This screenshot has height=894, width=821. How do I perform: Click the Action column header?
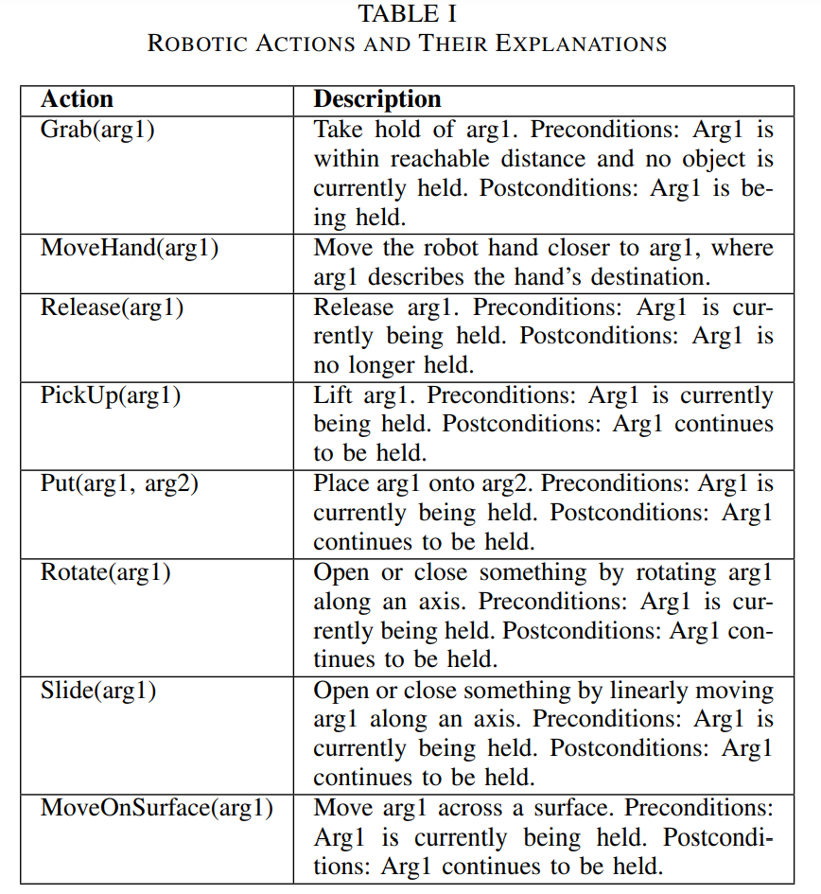pyautogui.click(x=77, y=99)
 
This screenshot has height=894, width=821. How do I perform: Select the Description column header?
pyautogui.click(x=377, y=99)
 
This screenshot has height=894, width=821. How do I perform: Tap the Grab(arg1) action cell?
pyautogui.click(x=97, y=130)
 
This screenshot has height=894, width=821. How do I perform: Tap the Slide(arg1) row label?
pyautogui.click(x=98, y=690)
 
